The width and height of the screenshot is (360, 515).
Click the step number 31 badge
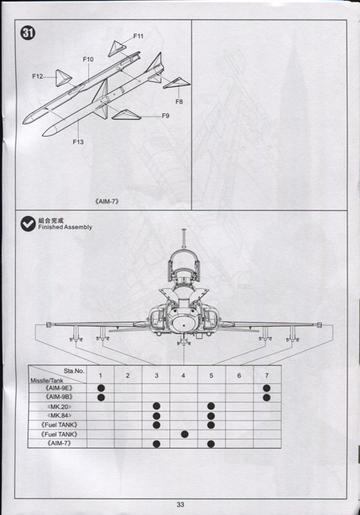28,33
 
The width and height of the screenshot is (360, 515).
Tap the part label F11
138,36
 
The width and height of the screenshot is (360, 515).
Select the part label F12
37,77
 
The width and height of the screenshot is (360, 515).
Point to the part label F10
88,59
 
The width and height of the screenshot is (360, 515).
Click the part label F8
179,102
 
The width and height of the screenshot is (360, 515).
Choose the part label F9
166,116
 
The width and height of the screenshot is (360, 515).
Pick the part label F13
78,142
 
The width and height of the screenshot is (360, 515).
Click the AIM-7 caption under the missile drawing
107,201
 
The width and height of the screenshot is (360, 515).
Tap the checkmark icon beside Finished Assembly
28,223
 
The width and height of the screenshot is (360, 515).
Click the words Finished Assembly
65,227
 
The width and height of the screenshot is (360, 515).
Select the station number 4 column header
184,375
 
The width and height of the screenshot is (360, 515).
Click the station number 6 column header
239,375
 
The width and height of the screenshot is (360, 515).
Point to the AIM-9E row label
59,388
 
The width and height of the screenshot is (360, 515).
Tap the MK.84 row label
59,415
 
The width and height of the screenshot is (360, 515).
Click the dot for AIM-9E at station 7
267,388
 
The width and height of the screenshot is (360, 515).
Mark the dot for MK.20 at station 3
156,406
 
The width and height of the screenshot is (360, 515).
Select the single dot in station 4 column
185,434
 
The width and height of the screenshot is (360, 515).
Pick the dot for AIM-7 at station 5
211,444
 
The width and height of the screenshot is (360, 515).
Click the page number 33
180,505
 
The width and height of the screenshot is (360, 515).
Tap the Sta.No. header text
74,371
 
